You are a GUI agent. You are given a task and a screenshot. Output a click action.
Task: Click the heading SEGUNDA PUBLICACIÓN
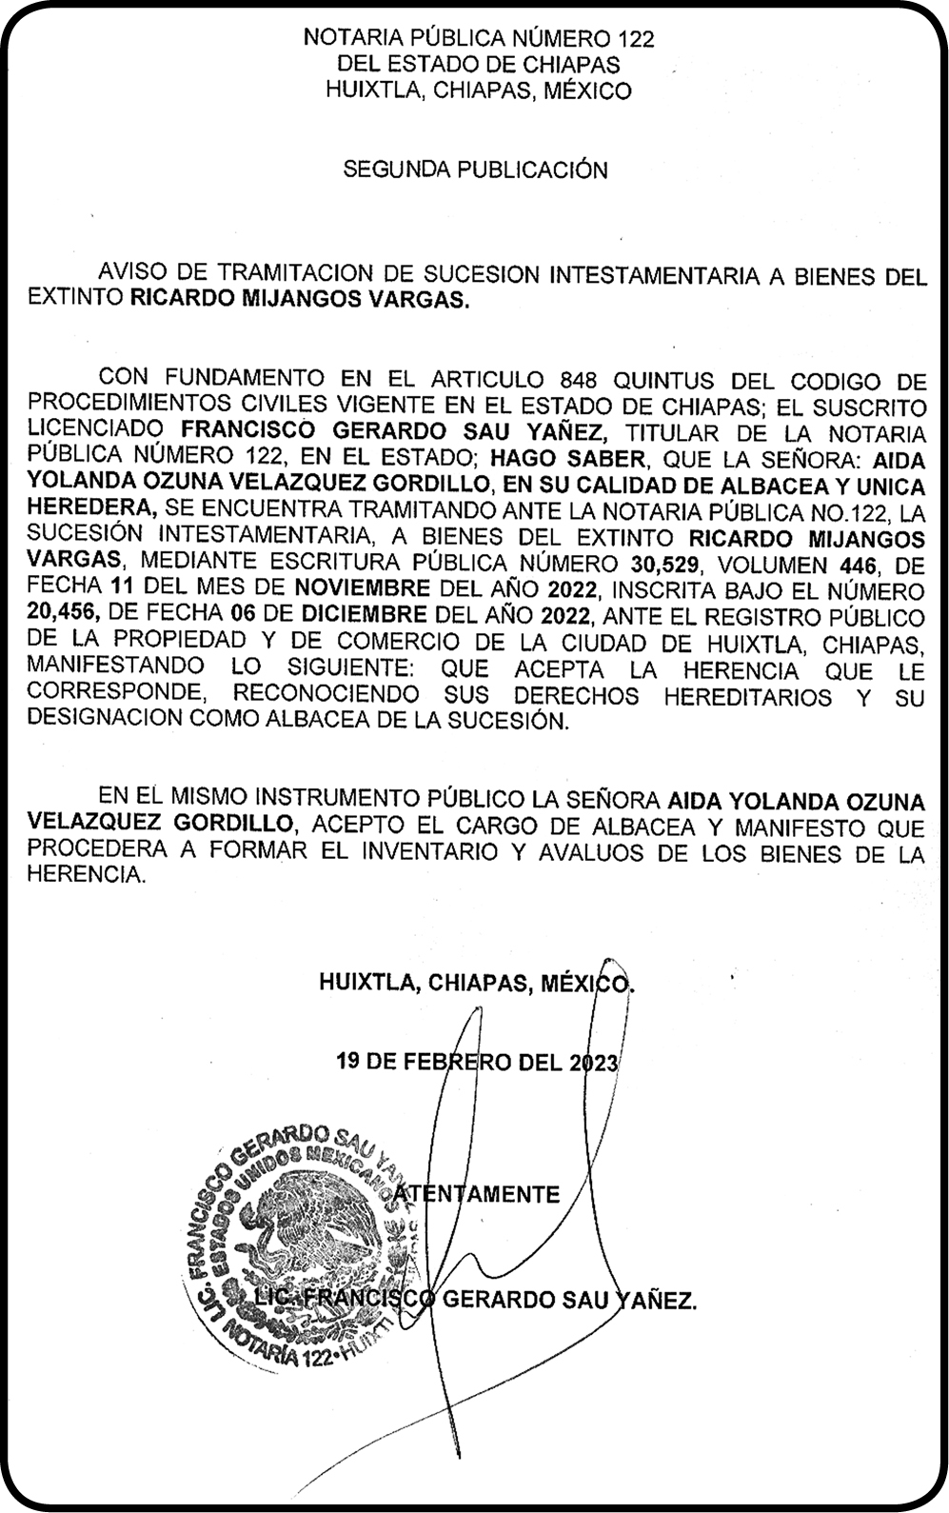coord(475,170)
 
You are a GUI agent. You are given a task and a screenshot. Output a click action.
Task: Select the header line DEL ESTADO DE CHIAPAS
coord(478,65)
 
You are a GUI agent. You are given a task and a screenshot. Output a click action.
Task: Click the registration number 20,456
coord(63,617)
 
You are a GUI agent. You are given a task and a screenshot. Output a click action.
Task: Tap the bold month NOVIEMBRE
coord(361,590)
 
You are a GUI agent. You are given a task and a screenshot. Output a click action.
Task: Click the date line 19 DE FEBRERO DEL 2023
coord(477,1062)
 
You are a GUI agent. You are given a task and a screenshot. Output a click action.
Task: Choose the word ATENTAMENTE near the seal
coord(476,1194)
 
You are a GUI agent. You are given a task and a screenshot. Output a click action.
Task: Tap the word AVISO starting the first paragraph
coord(135,276)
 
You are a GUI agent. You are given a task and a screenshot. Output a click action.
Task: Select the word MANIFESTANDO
coord(115,669)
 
